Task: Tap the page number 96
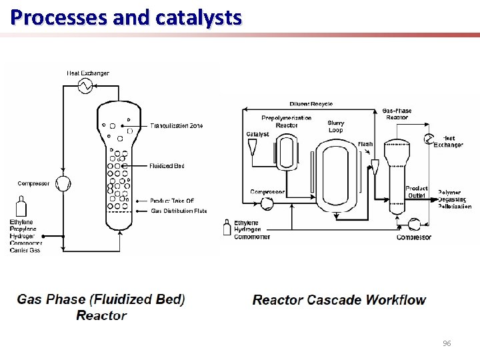(x=447, y=343)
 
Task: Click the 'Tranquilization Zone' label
(x=177, y=125)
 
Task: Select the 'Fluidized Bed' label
(x=167, y=166)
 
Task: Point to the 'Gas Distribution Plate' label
(x=179, y=211)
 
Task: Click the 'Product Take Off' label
(x=172, y=201)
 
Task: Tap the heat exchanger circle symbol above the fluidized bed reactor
(x=85, y=85)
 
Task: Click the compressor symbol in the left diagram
(x=63, y=183)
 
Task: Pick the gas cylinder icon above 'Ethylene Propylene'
(x=21, y=206)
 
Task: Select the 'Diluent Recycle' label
(x=311, y=104)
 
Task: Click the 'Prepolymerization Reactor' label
(x=286, y=121)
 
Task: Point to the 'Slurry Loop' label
(x=336, y=127)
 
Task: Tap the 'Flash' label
(x=365, y=144)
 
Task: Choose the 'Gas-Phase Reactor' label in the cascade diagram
(x=397, y=114)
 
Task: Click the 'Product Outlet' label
(x=417, y=192)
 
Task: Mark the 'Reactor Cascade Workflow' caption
(x=339, y=300)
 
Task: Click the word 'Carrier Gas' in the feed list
(x=25, y=251)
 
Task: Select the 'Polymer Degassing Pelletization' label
(x=454, y=199)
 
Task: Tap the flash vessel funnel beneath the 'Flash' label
(x=375, y=167)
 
